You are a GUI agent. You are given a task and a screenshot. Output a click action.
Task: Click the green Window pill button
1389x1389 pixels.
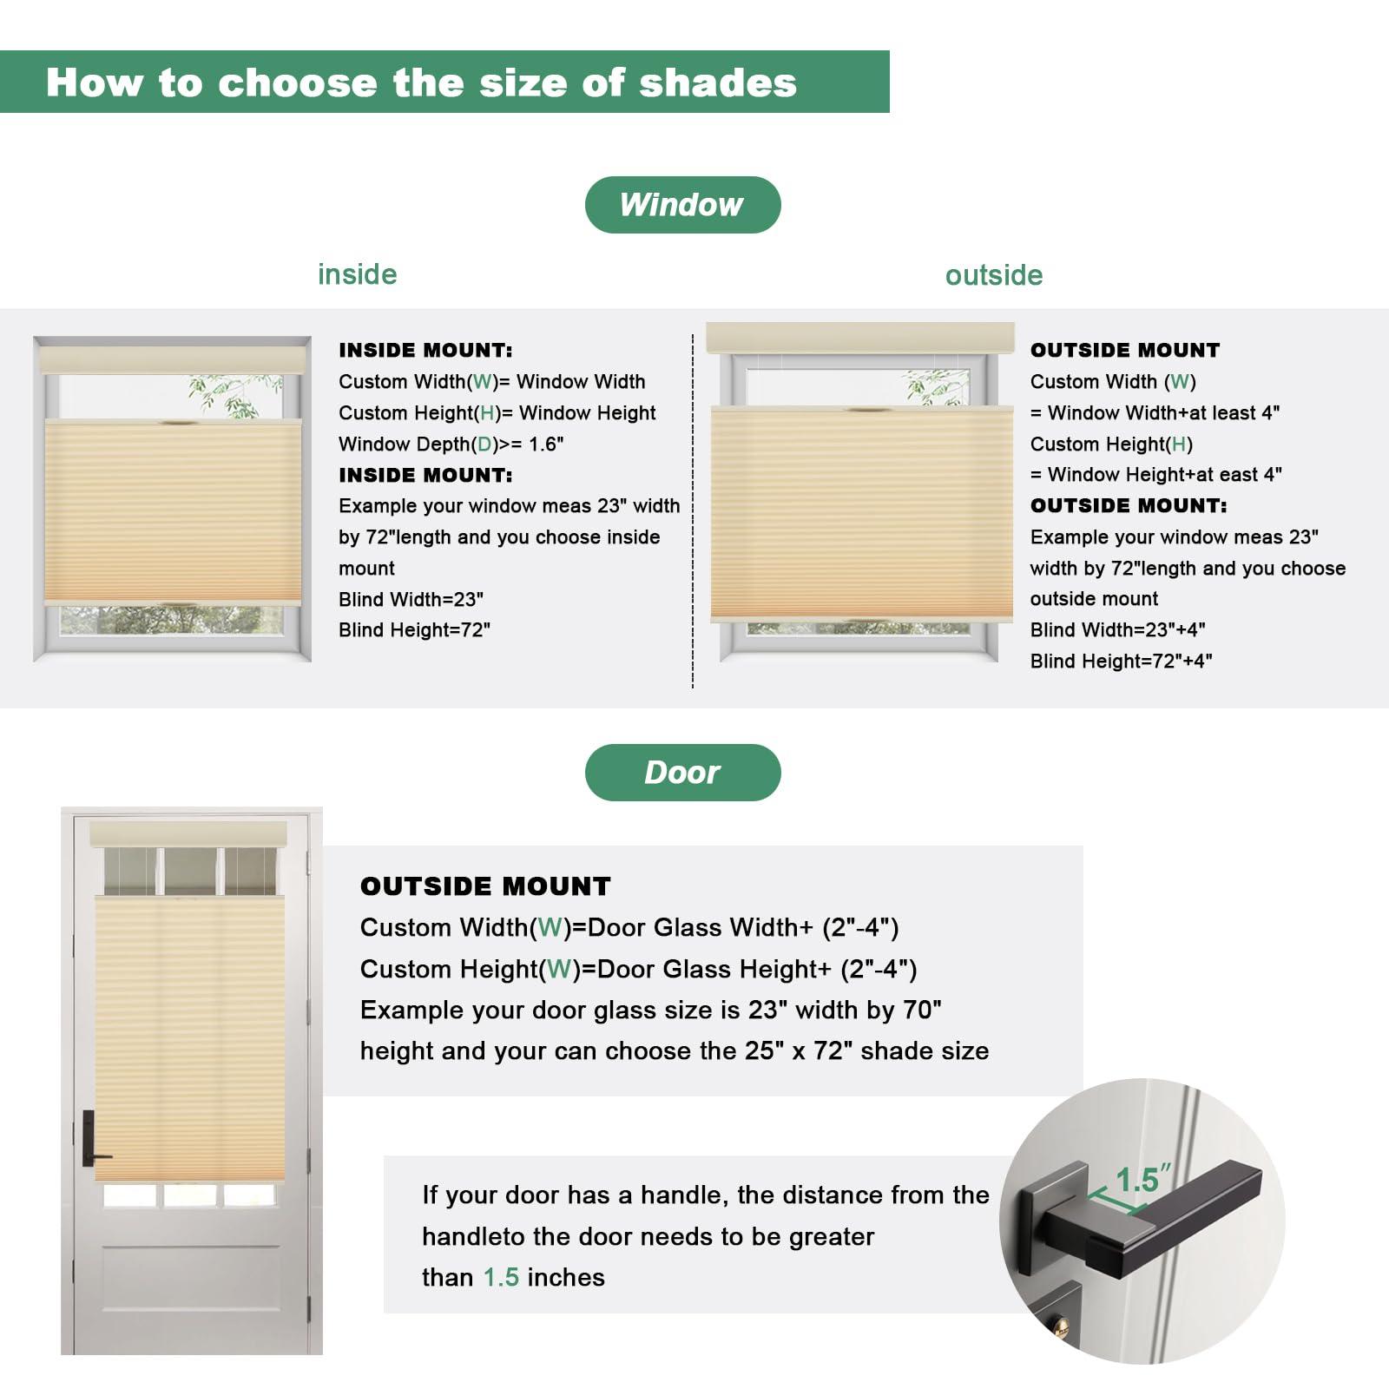pos(682,205)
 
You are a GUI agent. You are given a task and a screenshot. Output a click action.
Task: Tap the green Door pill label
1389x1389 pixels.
pos(682,772)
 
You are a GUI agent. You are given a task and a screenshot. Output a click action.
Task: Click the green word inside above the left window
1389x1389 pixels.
pos(357,274)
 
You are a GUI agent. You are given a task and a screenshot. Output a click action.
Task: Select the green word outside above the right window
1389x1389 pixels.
pos(993,275)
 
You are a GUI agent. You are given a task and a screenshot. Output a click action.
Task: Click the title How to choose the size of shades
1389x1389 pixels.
pos(421,82)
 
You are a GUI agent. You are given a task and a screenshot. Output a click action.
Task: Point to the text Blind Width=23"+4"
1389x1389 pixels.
pos(1117,629)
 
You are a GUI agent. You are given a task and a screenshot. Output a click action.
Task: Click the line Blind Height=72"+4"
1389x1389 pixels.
pos(1121,661)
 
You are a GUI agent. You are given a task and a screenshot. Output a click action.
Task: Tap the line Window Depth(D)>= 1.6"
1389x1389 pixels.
pos(451,444)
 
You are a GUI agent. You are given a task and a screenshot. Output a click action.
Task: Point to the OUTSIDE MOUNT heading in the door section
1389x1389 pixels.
pos(485,885)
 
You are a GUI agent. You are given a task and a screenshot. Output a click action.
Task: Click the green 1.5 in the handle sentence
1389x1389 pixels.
pos(501,1277)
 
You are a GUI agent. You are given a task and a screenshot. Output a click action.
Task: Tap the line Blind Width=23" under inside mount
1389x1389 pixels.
pos(411,599)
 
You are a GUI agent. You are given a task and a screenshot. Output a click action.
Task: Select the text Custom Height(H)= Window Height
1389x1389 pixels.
pos(497,412)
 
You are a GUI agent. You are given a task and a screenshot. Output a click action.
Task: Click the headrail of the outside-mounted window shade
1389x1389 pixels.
pos(859,338)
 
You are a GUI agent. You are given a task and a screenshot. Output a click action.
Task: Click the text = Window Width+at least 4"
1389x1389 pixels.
pos(1155,412)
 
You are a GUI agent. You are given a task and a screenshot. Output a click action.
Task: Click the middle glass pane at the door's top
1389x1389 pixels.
pos(190,871)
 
